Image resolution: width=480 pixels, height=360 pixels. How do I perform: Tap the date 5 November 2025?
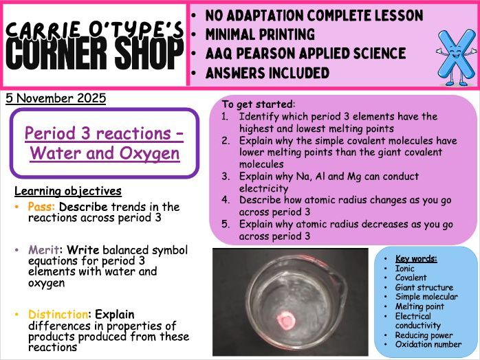(x=56, y=98)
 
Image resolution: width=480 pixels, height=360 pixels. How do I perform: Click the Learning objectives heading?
(x=67, y=191)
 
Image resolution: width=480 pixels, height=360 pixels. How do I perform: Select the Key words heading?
(x=416, y=259)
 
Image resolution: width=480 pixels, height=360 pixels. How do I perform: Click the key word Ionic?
(x=406, y=269)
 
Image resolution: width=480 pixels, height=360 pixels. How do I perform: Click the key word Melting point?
(x=419, y=306)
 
